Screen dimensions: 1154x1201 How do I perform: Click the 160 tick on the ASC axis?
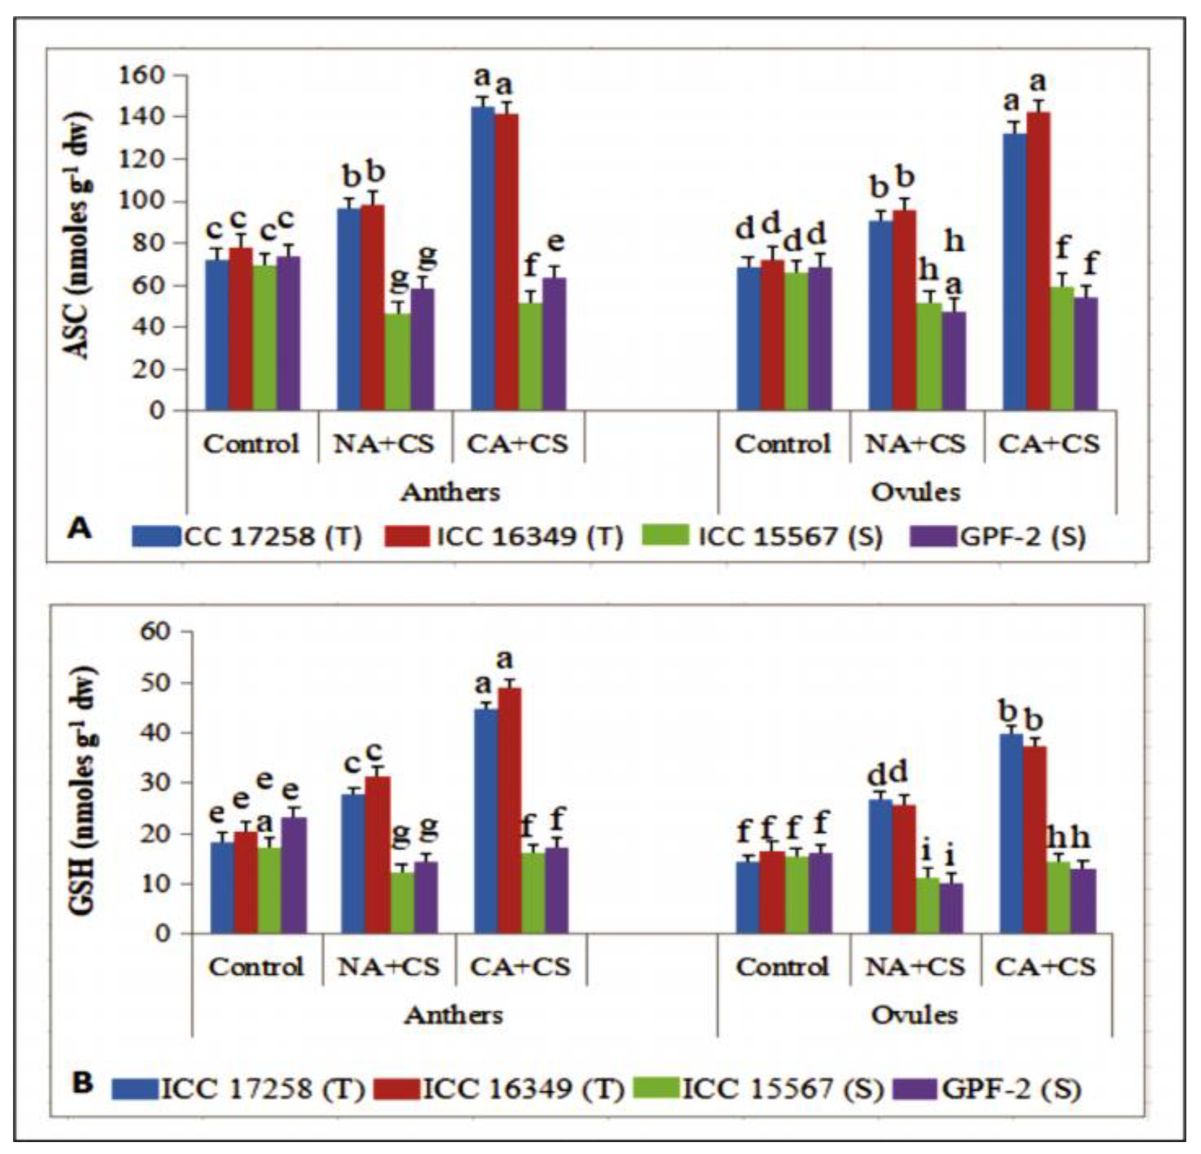(142, 75)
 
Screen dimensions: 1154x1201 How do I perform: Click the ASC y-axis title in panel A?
(78, 236)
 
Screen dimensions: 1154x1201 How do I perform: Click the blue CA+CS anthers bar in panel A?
(483, 257)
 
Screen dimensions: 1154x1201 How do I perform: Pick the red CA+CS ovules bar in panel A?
(1038, 261)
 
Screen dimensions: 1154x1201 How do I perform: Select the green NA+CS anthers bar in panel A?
(397, 362)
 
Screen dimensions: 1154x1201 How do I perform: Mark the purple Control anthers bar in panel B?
(294, 876)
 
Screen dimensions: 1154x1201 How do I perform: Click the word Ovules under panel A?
(915, 491)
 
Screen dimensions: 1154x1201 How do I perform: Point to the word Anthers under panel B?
(453, 1016)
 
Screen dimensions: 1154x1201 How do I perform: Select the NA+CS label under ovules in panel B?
(915, 967)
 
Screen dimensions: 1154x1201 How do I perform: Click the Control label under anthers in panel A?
(251, 444)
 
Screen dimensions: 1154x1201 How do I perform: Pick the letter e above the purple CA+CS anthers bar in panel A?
(555, 243)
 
